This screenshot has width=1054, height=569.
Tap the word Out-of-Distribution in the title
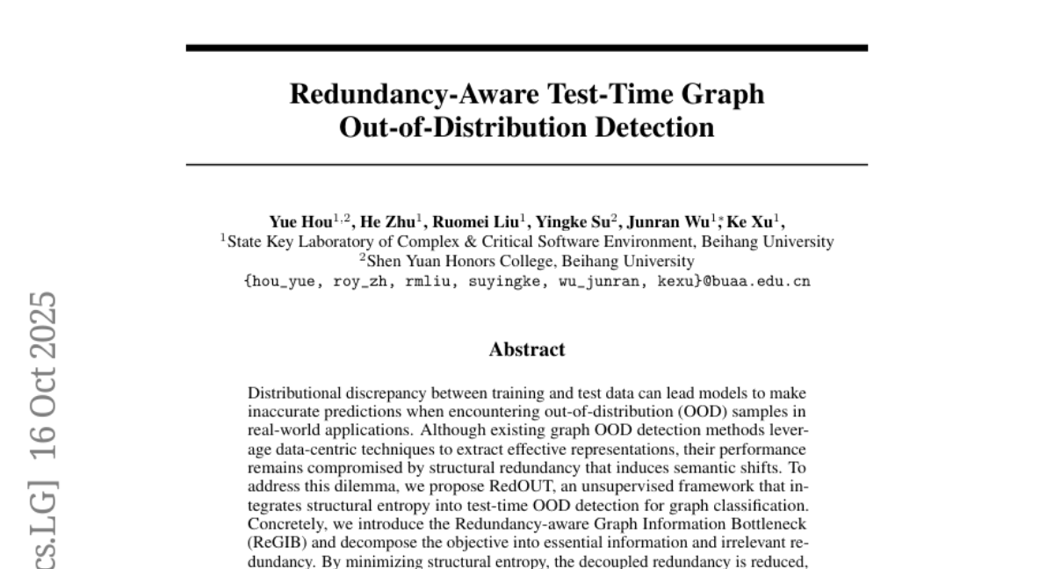tap(451, 127)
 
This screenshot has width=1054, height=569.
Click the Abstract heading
tap(527, 349)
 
